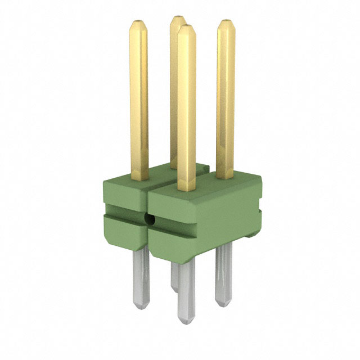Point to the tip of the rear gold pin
coord(177,19)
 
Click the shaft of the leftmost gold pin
coord(139,101)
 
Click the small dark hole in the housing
coord(150,219)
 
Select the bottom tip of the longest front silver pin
coord(187,321)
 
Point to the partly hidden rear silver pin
coord(174,276)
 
